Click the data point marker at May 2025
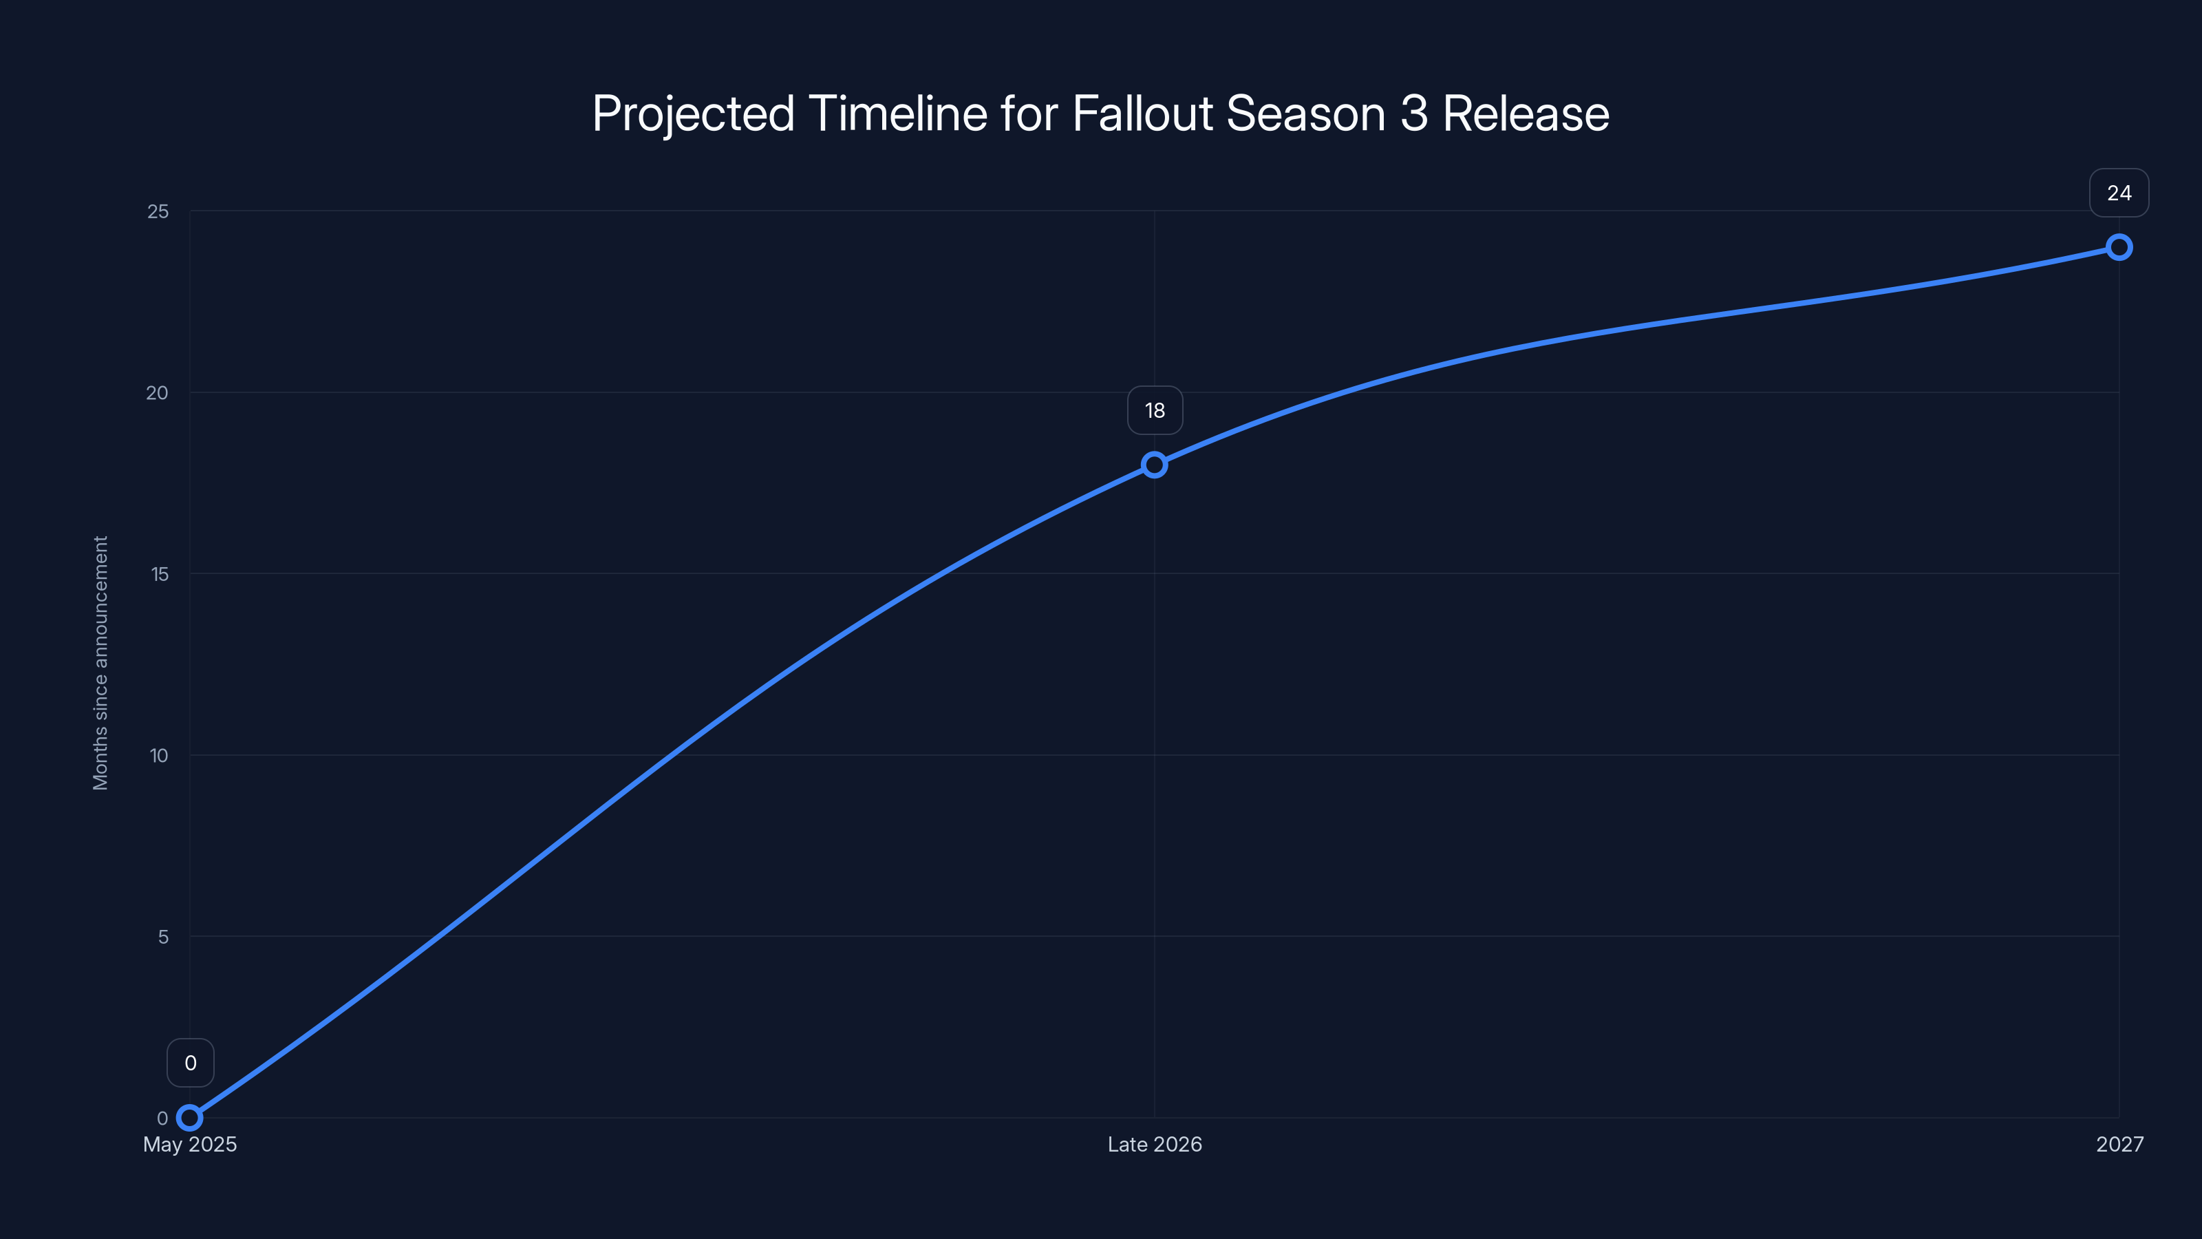(x=190, y=1118)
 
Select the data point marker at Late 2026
(x=1154, y=465)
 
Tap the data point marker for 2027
(x=2118, y=248)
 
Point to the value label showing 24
(x=2118, y=193)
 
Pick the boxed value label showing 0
(x=191, y=1063)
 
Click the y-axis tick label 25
(x=158, y=211)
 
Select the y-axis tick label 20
(x=158, y=392)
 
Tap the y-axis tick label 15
(x=160, y=574)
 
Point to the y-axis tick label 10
(x=159, y=755)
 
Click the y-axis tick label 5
(x=163, y=936)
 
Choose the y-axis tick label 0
(x=162, y=1118)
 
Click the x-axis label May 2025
(x=190, y=1144)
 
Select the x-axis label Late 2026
(x=1154, y=1144)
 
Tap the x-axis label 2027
(x=2119, y=1144)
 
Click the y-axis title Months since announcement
(x=101, y=663)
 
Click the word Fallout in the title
(x=1143, y=114)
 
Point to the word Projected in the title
(x=693, y=114)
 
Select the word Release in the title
(x=1526, y=114)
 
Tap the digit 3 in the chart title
(x=1414, y=114)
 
